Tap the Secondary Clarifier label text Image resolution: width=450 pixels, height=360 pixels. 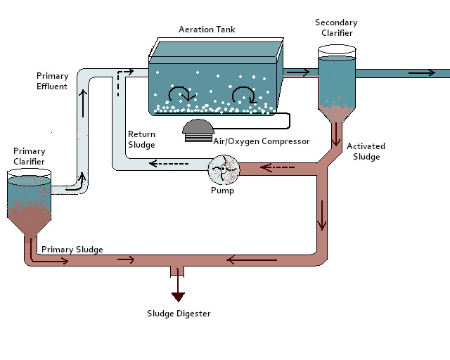pyautogui.click(x=336, y=28)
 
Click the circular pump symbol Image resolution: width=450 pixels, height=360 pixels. pyautogui.click(x=224, y=169)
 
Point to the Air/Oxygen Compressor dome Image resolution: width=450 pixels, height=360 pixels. pyautogui.click(x=202, y=127)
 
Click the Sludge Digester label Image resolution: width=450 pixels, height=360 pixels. pyautogui.click(x=178, y=314)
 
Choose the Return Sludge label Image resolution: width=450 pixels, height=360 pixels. pyautogui.click(x=141, y=139)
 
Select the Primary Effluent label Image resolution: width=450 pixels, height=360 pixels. pyautogui.click(x=52, y=81)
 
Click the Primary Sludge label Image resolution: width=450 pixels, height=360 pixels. pyautogui.click(x=72, y=249)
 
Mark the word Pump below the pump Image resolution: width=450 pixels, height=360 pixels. pyautogui.click(x=222, y=191)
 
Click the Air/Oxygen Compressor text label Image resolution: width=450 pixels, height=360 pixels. pyautogui.click(x=261, y=141)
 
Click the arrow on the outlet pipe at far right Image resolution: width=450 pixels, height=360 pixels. pyautogui.click(x=422, y=72)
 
